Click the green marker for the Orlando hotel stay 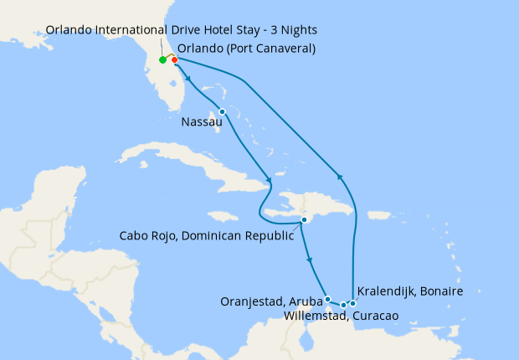coord(162,60)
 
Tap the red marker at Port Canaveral coord(174,59)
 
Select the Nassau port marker coord(222,111)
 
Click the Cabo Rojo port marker coord(305,220)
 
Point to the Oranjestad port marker coord(327,299)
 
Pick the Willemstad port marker coord(344,304)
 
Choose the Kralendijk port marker coord(352,303)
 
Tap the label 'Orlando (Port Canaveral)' coord(247,48)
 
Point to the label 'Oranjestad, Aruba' coord(271,301)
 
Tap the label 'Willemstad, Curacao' coord(341,316)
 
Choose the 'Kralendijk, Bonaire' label coord(409,291)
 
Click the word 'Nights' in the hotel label coord(298,30)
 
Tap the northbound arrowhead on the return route coord(339,176)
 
